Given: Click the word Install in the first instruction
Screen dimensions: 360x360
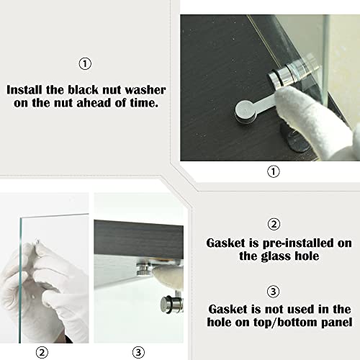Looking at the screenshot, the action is coord(25,90).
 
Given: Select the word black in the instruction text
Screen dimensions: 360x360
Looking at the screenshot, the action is coord(84,90).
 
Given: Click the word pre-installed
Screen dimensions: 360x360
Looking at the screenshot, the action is coord(298,243).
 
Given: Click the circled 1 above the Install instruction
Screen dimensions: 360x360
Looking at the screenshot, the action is coord(85,64).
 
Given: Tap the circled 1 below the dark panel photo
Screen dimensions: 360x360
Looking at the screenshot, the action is coord(274,171).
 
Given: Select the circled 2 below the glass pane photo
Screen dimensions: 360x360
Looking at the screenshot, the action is coord(42,353).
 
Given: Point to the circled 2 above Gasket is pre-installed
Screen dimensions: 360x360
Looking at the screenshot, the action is coord(274,225).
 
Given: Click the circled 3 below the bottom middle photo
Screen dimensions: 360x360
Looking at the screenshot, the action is coord(138,352).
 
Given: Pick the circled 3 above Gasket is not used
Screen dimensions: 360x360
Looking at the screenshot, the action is coord(274,292).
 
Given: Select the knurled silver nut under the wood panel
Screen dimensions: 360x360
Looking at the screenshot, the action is coord(143,269).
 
